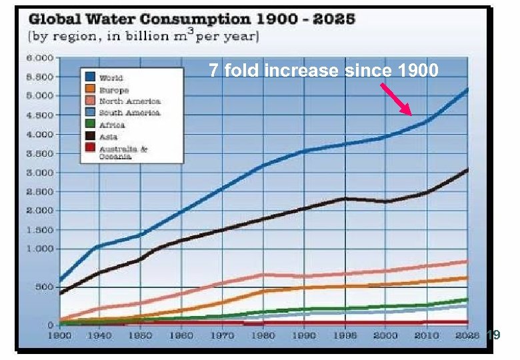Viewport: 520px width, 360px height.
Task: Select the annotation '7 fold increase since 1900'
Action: (x=323, y=70)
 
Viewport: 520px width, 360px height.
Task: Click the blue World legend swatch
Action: (x=89, y=77)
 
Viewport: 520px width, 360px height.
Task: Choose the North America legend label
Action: (x=129, y=101)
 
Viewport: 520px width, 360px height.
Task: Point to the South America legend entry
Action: (x=129, y=113)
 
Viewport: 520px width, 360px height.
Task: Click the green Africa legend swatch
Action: (x=89, y=125)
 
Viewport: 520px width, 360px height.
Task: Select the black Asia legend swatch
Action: (x=89, y=137)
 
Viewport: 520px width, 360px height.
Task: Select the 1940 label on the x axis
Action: (x=99, y=335)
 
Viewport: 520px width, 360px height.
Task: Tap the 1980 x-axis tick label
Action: (x=265, y=335)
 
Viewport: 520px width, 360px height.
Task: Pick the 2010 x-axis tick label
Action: (x=427, y=335)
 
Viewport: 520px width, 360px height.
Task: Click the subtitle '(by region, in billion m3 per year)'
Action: (x=143, y=35)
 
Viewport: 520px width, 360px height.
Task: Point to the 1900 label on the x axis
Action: (x=59, y=335)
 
